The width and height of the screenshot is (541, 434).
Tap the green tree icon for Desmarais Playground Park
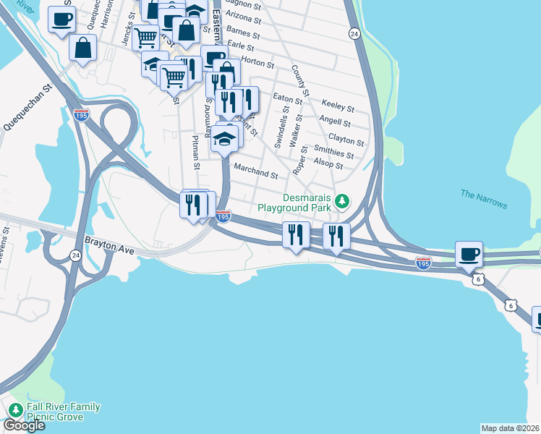[x=346, y=200]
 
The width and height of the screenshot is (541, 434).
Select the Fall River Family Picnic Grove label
[x=64, y=412]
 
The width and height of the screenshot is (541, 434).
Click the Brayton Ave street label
[x=110, y=246]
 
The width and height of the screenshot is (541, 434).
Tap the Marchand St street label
[x=255, y=174]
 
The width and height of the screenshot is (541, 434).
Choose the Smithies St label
[x=333, y=151]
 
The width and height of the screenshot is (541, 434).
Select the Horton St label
[x=257, y=63]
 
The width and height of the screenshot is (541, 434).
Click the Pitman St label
[x=195, y=152]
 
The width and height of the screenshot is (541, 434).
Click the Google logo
[x=23, y=425]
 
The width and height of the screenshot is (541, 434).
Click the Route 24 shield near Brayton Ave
[x=75, y=255]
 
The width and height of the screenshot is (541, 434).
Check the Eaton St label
[x=287, y=98]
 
